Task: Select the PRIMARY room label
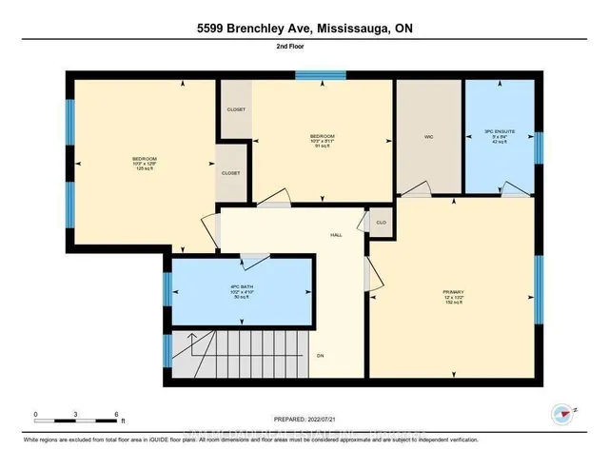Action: pos(453,292)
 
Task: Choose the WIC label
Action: pos(429,137)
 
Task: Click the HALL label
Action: pos(336,234)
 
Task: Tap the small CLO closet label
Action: pos(380,222)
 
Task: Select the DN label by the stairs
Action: pos(322,357)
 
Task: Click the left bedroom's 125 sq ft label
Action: pos(145,169)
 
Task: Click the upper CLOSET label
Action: pos(235,110)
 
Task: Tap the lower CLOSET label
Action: pos(231,173)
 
